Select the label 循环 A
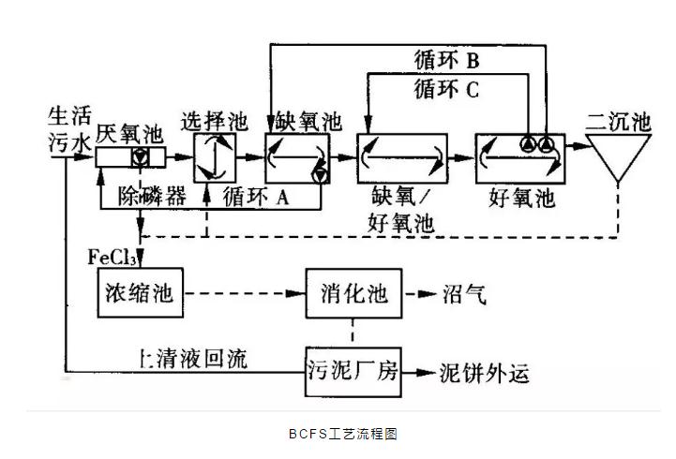pyautogui.click(x=255, y=197)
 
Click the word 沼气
pyautogui.click(x=464, y=294)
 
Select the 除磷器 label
pyautogui.click(x=151, y=197)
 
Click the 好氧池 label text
pyautogui.click(x=522, y=198)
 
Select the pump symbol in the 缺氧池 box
pyautogui.click(x=322, y=174)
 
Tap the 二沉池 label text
pyautogui.click(x=617, y=121)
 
